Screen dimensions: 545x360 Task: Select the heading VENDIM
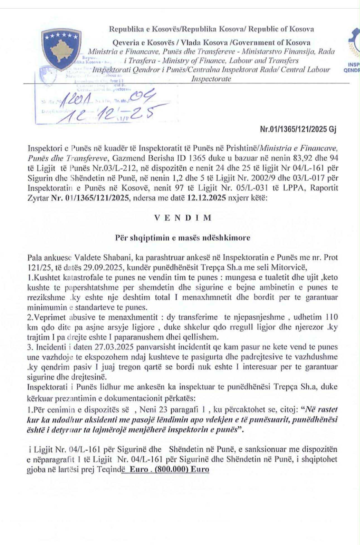click(183, 218)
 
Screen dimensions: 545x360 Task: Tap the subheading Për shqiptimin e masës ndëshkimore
click(183, 238)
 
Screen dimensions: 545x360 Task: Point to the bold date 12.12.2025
click(207, 198)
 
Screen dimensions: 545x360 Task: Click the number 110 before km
click(331, 317)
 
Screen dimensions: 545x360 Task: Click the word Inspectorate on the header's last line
click(211, 79)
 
